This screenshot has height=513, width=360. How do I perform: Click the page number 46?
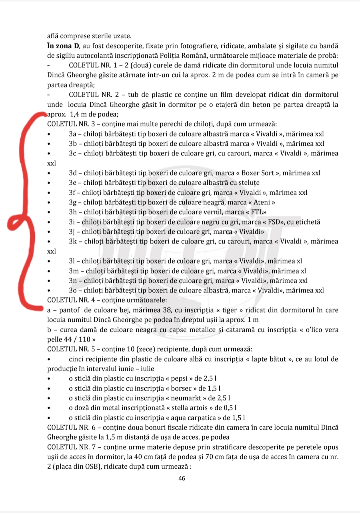(x=182, y=478)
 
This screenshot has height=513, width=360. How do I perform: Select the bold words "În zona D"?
(x=63, y=46)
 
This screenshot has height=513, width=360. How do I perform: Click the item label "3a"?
(x=73, y=134)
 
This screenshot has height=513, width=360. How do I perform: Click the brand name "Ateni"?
(x=262, y=202)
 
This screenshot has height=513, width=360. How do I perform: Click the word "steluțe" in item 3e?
(x=248, y=183)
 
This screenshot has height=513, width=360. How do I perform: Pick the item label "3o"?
(x=73, y=291)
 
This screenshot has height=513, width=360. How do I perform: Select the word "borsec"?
(x=181, y=389)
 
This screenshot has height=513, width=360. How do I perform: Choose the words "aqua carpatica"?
(x=193, y=418)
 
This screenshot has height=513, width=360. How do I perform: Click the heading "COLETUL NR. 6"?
(x=71, y=428)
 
